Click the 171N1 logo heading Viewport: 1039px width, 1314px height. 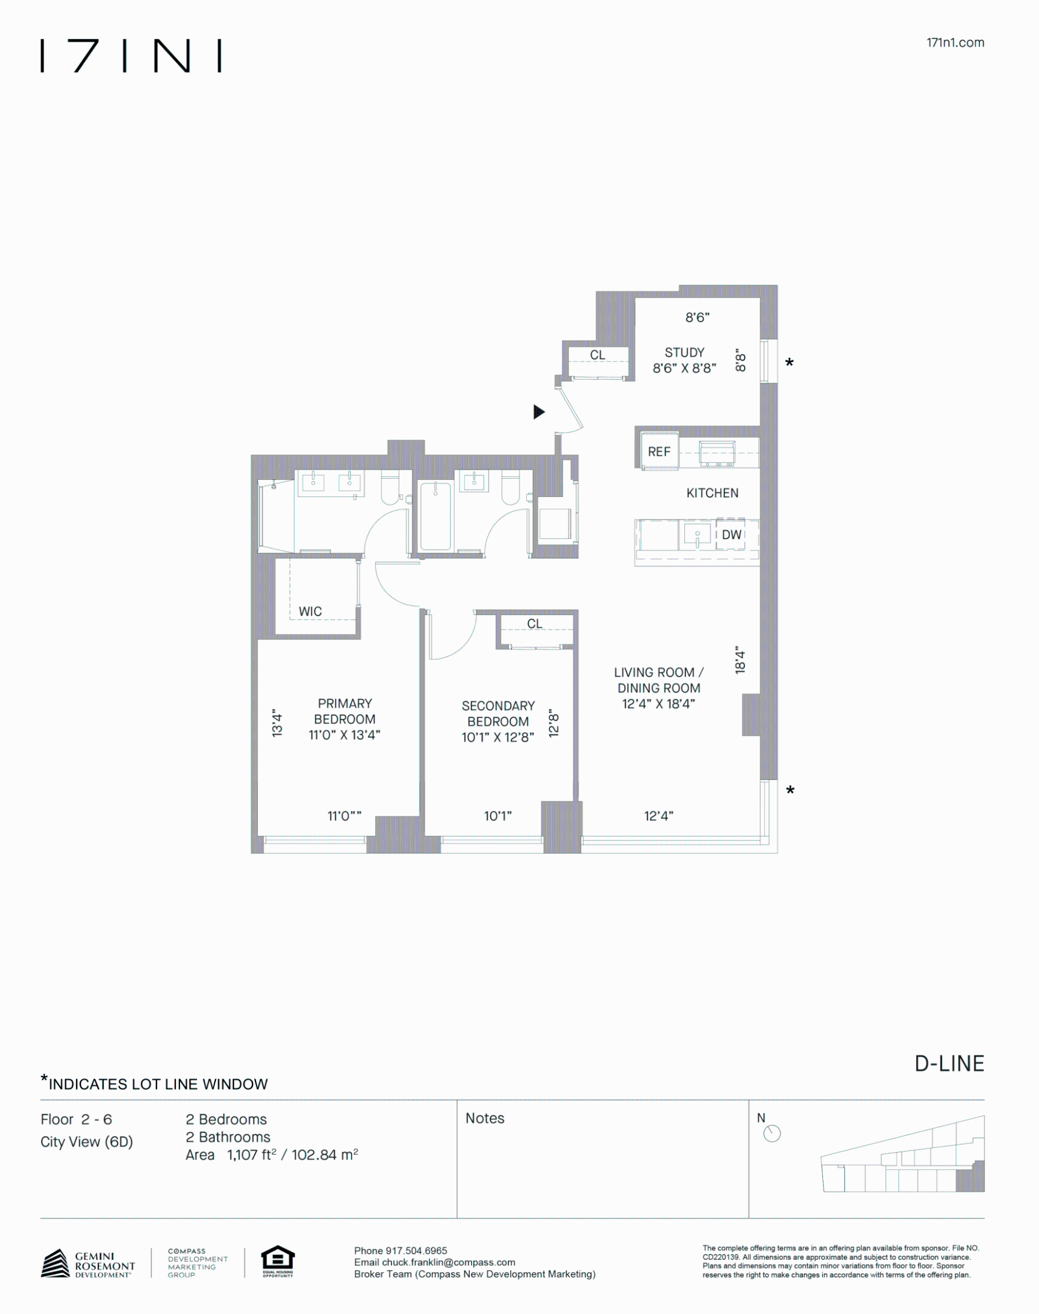tap(131, 56)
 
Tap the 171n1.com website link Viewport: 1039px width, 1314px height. tap(954, 43)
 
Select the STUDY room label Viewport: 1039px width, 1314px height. tap(684, 353)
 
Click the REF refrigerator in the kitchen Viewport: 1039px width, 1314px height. tap(659, 452)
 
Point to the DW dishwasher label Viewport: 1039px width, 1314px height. tap(731, 535)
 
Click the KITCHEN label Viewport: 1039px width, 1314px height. tap(712, 493)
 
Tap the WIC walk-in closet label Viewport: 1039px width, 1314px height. tap(310, 611)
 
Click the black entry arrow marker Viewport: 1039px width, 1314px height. tap(538, 412)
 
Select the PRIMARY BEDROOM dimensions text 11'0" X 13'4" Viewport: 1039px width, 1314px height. tap(344, 735)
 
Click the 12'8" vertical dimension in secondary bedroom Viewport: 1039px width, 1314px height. tap(554, 723)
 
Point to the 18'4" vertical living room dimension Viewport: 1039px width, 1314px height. tap(740, 660)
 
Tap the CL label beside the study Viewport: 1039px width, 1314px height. tap(597, 355)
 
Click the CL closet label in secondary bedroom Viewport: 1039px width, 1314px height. tap(534, 624)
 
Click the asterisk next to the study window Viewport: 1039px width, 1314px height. tap(789, 363)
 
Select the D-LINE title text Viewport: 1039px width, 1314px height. tap(949, 1063)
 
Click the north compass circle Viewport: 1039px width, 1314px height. tap(771, 1134)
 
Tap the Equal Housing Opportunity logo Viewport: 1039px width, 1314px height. tap(277, 1262)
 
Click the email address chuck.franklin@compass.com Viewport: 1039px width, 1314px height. tap(448, 1262)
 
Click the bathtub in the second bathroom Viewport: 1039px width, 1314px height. tap(436, 516)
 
